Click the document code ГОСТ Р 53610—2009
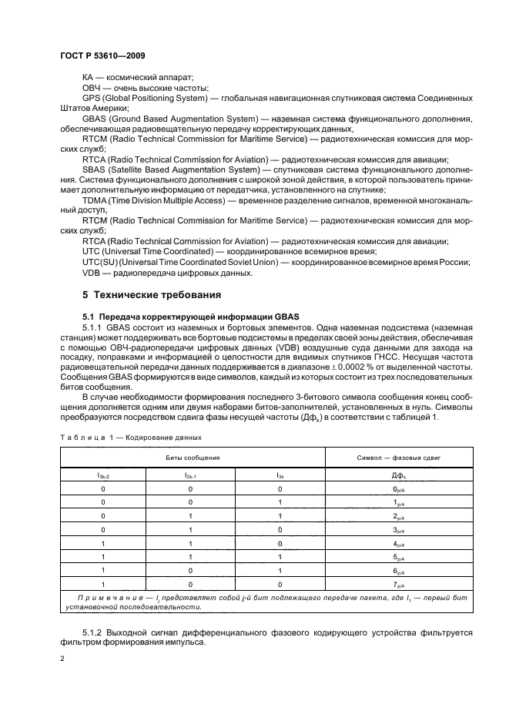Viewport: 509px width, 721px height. [102, 56]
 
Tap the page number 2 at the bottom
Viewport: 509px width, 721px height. [63, 659]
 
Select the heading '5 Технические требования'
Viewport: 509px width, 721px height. [152, 294]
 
